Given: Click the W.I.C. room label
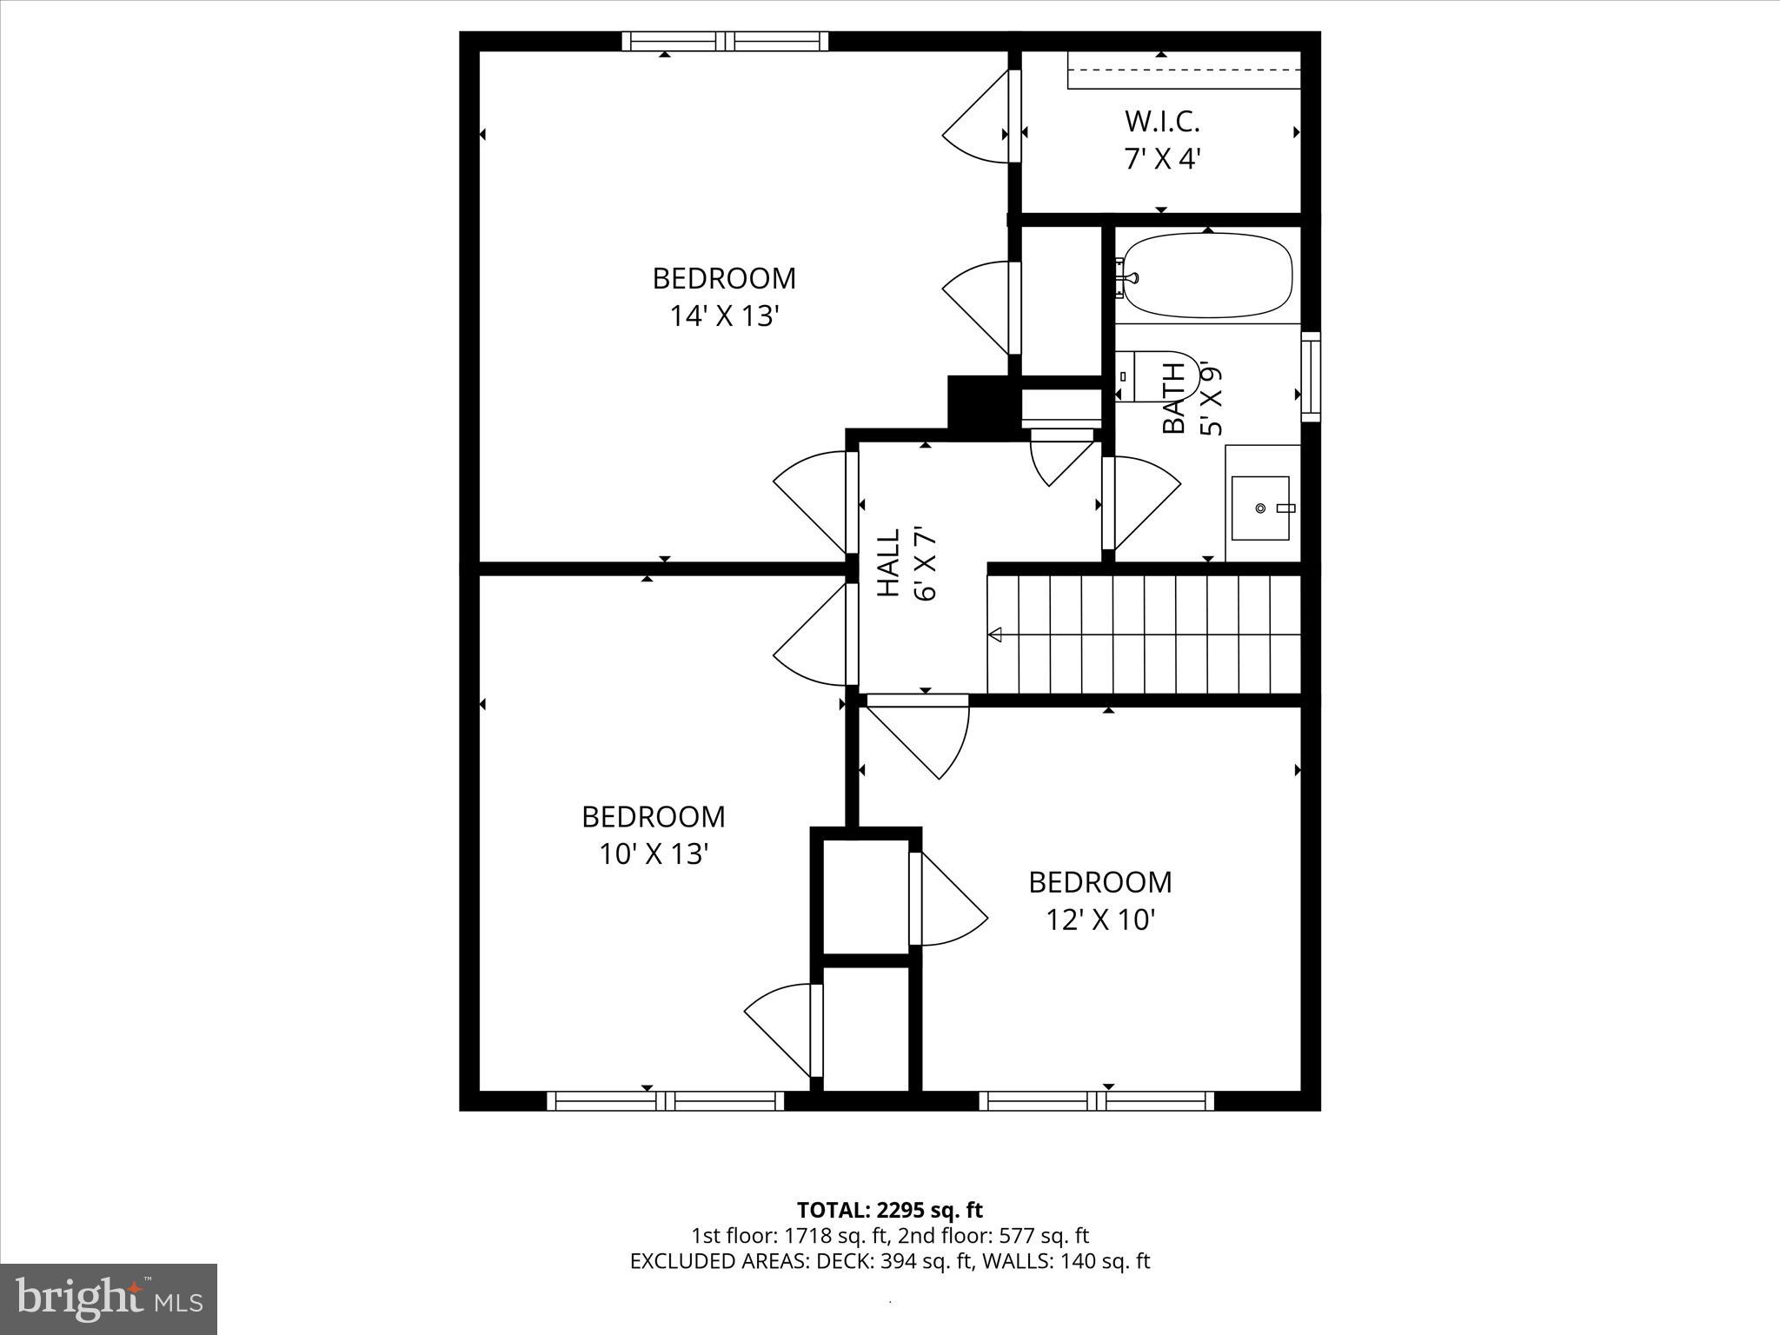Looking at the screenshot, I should pyautogui.click(x=1162, y=121).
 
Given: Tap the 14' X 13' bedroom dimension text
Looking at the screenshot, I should pyautogui.click(x=722, y=316).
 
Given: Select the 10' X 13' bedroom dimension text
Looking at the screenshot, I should pyautogui.click(x=654, y=854).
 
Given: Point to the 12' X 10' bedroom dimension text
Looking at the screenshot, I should pyautogui.click(x=1099, y=920).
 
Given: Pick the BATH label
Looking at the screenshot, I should pyautogui.click(x=1173, y=398).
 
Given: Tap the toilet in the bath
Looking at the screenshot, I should pyautogui.click(x=1160, y=375).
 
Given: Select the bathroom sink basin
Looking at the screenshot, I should pyautogui.click(x=1259, y=507).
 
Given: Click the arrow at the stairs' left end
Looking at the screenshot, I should pyautogui.click(x=996, y=634).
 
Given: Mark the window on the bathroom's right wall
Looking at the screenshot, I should pyautogui.click(x=1310, y=376).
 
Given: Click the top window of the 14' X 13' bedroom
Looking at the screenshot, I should pyautogui.click(x=725, y=41).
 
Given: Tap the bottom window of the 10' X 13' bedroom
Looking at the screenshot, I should pyautogui.click(x=666, y=1100).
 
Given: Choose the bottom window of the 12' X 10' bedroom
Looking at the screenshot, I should pyautogui.click(x=1097, y=1100).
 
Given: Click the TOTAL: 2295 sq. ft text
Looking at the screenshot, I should pyautogui.click(x=889, y=1209).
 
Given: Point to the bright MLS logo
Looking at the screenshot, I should pyautogui.click(x=109, y=1299).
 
